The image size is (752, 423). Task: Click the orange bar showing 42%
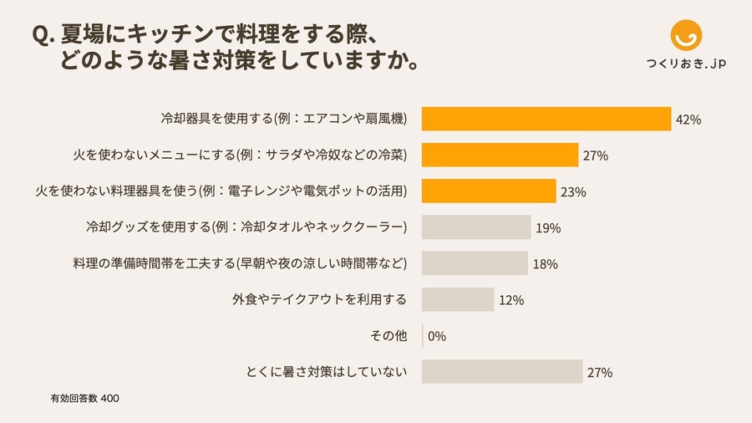coord(546,119)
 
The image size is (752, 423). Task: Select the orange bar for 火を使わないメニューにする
coord(500,155)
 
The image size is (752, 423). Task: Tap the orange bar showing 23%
coord(488,191)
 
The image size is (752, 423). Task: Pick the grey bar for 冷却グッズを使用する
coord(475,227)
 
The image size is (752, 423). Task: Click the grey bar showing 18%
coord(474,263)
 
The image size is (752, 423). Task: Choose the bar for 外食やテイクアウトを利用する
coord(457,299)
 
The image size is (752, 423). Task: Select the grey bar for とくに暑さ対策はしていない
coord(501,372)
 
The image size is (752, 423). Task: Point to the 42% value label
coord(688,120)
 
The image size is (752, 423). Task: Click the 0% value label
coord(437,336)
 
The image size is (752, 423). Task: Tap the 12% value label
coord(511,300)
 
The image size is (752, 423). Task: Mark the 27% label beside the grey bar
coord(600,373)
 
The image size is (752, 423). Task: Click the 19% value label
coord(548,228)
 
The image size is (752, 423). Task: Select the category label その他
coord(389,336)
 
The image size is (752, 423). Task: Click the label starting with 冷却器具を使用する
coord(283,119)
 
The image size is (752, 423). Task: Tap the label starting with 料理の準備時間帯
coord(241,263)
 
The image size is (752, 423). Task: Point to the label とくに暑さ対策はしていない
coord(326,372)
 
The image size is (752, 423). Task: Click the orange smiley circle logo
coord(687,35)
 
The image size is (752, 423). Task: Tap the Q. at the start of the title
coord(43,35)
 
